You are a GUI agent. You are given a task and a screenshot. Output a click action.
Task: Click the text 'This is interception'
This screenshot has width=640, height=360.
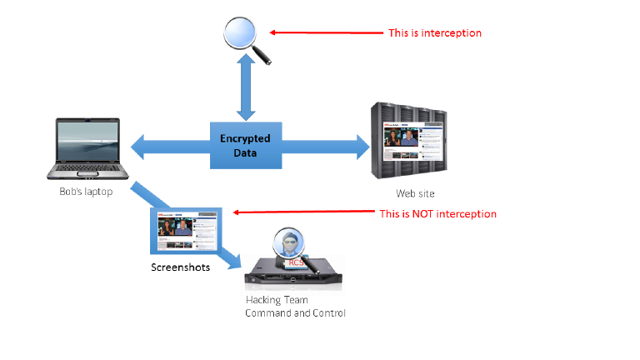click(435, 33)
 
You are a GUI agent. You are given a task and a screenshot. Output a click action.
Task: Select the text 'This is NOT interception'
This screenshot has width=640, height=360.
click(437, 214)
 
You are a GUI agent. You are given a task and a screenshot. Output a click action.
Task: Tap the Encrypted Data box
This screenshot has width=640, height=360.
click(245, 146)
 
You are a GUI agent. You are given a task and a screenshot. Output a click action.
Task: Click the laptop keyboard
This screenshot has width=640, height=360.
click(88, 169)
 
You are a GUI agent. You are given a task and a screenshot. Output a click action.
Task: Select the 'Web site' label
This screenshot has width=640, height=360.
click(415, 193)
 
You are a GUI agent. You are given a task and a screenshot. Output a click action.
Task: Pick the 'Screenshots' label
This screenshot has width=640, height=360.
click(180, 267)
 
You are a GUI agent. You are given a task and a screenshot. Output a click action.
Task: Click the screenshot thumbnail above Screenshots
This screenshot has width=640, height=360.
click(185, 231)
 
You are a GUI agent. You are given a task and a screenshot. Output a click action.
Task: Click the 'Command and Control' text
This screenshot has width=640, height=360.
click(294, 313)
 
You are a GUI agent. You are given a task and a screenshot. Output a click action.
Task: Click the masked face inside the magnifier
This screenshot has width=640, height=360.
click(289, 247)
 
